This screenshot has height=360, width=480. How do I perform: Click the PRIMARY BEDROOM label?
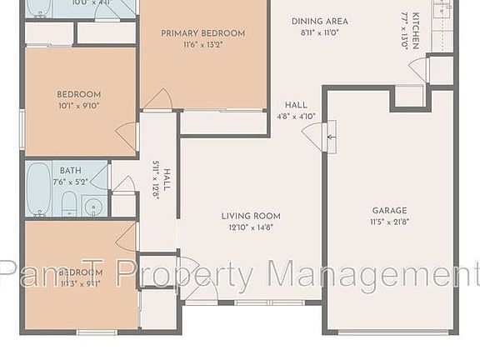203,33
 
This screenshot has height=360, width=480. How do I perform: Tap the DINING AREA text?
320,21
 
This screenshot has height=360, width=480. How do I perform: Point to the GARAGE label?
388,211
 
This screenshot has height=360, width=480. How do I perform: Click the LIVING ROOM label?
251,216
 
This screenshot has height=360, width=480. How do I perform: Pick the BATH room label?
70,171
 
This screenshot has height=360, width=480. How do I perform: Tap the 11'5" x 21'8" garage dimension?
388,222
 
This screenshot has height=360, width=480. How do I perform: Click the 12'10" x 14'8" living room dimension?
251,227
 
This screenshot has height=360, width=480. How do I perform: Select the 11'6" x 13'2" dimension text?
203,45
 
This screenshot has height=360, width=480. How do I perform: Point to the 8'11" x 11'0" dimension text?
320,32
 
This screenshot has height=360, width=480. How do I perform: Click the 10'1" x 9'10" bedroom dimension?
79,106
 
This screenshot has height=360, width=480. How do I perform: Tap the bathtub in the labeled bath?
38,188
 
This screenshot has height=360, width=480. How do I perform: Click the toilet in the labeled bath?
69,202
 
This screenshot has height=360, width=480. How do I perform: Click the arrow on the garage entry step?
331,133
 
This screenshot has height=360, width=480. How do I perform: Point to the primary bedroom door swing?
157,100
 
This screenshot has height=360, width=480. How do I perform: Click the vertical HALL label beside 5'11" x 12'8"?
167,180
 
